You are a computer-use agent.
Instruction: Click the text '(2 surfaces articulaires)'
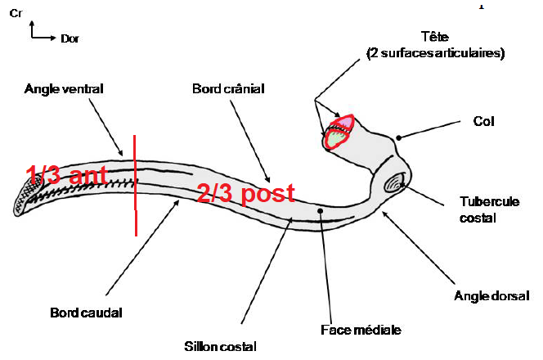[436, 53]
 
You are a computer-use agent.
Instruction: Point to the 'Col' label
[484, 121]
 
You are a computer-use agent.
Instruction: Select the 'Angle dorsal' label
[491, 295]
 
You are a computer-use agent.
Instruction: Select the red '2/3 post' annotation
[245, 194]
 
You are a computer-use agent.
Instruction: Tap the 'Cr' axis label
[15, 14]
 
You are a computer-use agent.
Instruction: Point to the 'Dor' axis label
[69, 38]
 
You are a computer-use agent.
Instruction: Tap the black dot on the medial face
[321, 210]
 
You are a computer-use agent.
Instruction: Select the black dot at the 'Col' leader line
[398, 137]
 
